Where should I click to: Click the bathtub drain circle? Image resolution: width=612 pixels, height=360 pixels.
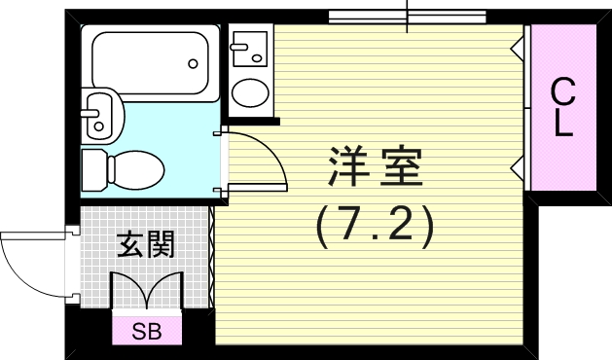click(195, 64)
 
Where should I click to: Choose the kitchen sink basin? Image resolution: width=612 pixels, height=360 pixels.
click(250, 46)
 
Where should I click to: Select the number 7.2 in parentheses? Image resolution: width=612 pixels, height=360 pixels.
click(374, 226)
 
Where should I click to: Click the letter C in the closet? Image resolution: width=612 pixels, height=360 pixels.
click(562, 93)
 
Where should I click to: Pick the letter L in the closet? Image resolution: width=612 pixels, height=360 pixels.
click(562, 125)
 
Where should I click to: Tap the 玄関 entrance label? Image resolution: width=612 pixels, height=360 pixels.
click(146, 244)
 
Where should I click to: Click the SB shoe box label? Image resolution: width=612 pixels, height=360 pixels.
click(146, 331)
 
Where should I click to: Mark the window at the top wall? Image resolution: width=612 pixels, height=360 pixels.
click(406, 17)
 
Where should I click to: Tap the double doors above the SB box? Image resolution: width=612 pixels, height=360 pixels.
click(147, 289)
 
